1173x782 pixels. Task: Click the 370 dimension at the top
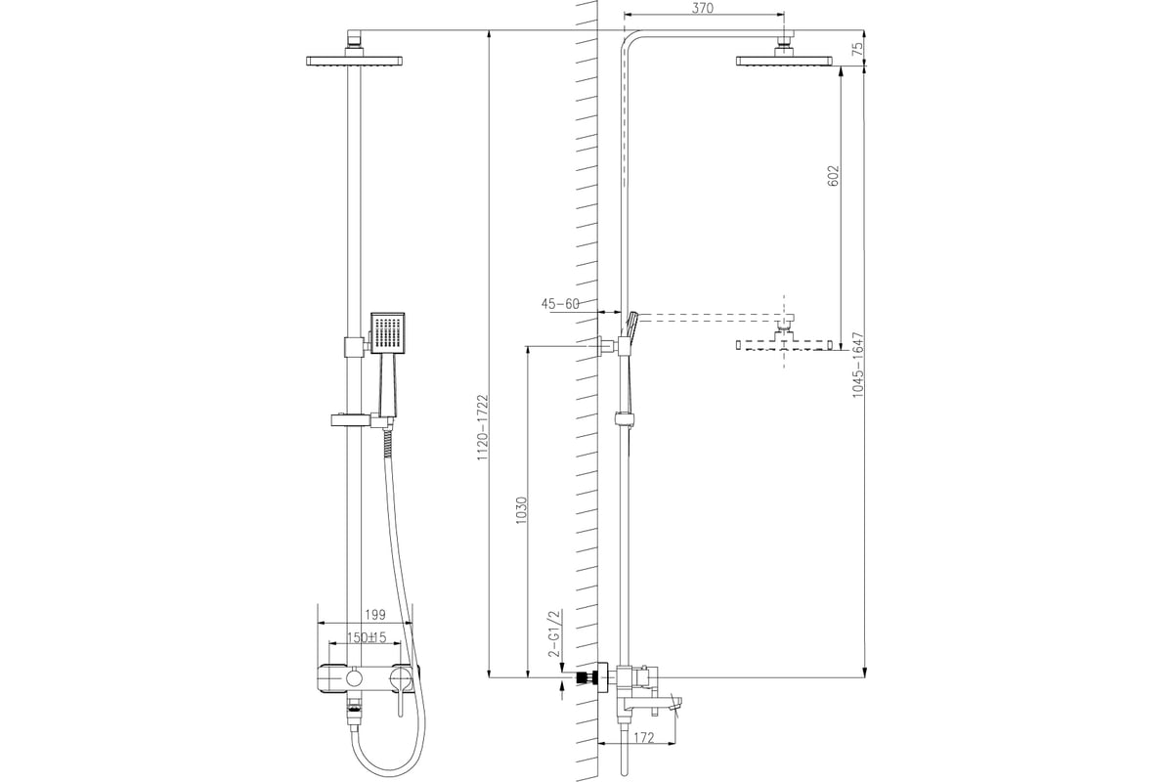(x=703, y=8)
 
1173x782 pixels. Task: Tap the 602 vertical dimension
(x=833, y=175)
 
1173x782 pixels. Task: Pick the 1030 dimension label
(x=521, y=513)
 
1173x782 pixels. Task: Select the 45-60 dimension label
(x=560, y=304)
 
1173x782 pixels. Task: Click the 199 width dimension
(x=372, y=615)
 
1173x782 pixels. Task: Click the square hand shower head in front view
(x=387, y=333)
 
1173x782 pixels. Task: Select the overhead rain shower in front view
(x=354, y=61)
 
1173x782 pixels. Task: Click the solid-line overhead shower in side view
(x=785, y=61)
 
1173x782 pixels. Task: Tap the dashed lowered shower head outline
(x=785, y=343)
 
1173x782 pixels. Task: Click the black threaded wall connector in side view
(x=587, y=676)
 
